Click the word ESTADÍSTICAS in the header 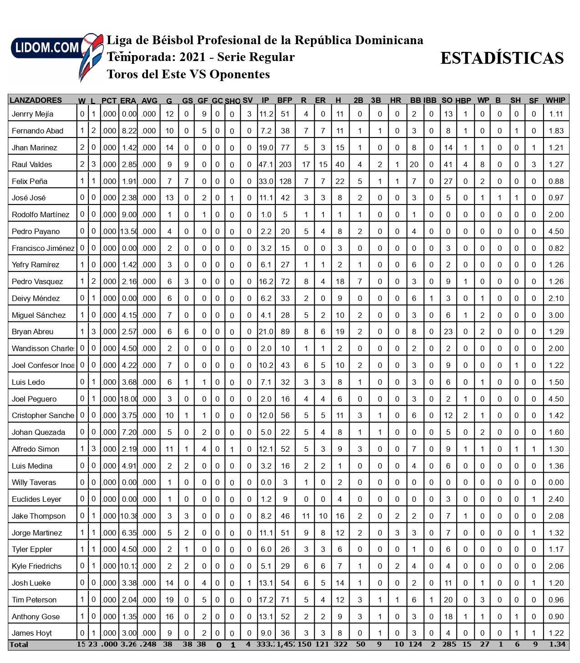point(502,58)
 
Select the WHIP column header point(555,100)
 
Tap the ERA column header point(128,101)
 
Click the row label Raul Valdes point(32,164)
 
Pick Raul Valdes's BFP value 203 point(285,164)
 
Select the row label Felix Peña point(30,181)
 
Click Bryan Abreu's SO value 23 point(448,332)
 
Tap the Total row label point(19,645)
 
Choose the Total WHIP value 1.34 point(556,644)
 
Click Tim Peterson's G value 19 point(169,600)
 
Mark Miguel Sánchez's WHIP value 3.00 point(556,315)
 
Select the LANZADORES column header point(36,100)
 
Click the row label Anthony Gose point(36,617)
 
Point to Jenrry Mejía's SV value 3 point(249,114)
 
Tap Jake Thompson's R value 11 point(306,516)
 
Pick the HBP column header point(463,101)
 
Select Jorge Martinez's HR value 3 point(397,533)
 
